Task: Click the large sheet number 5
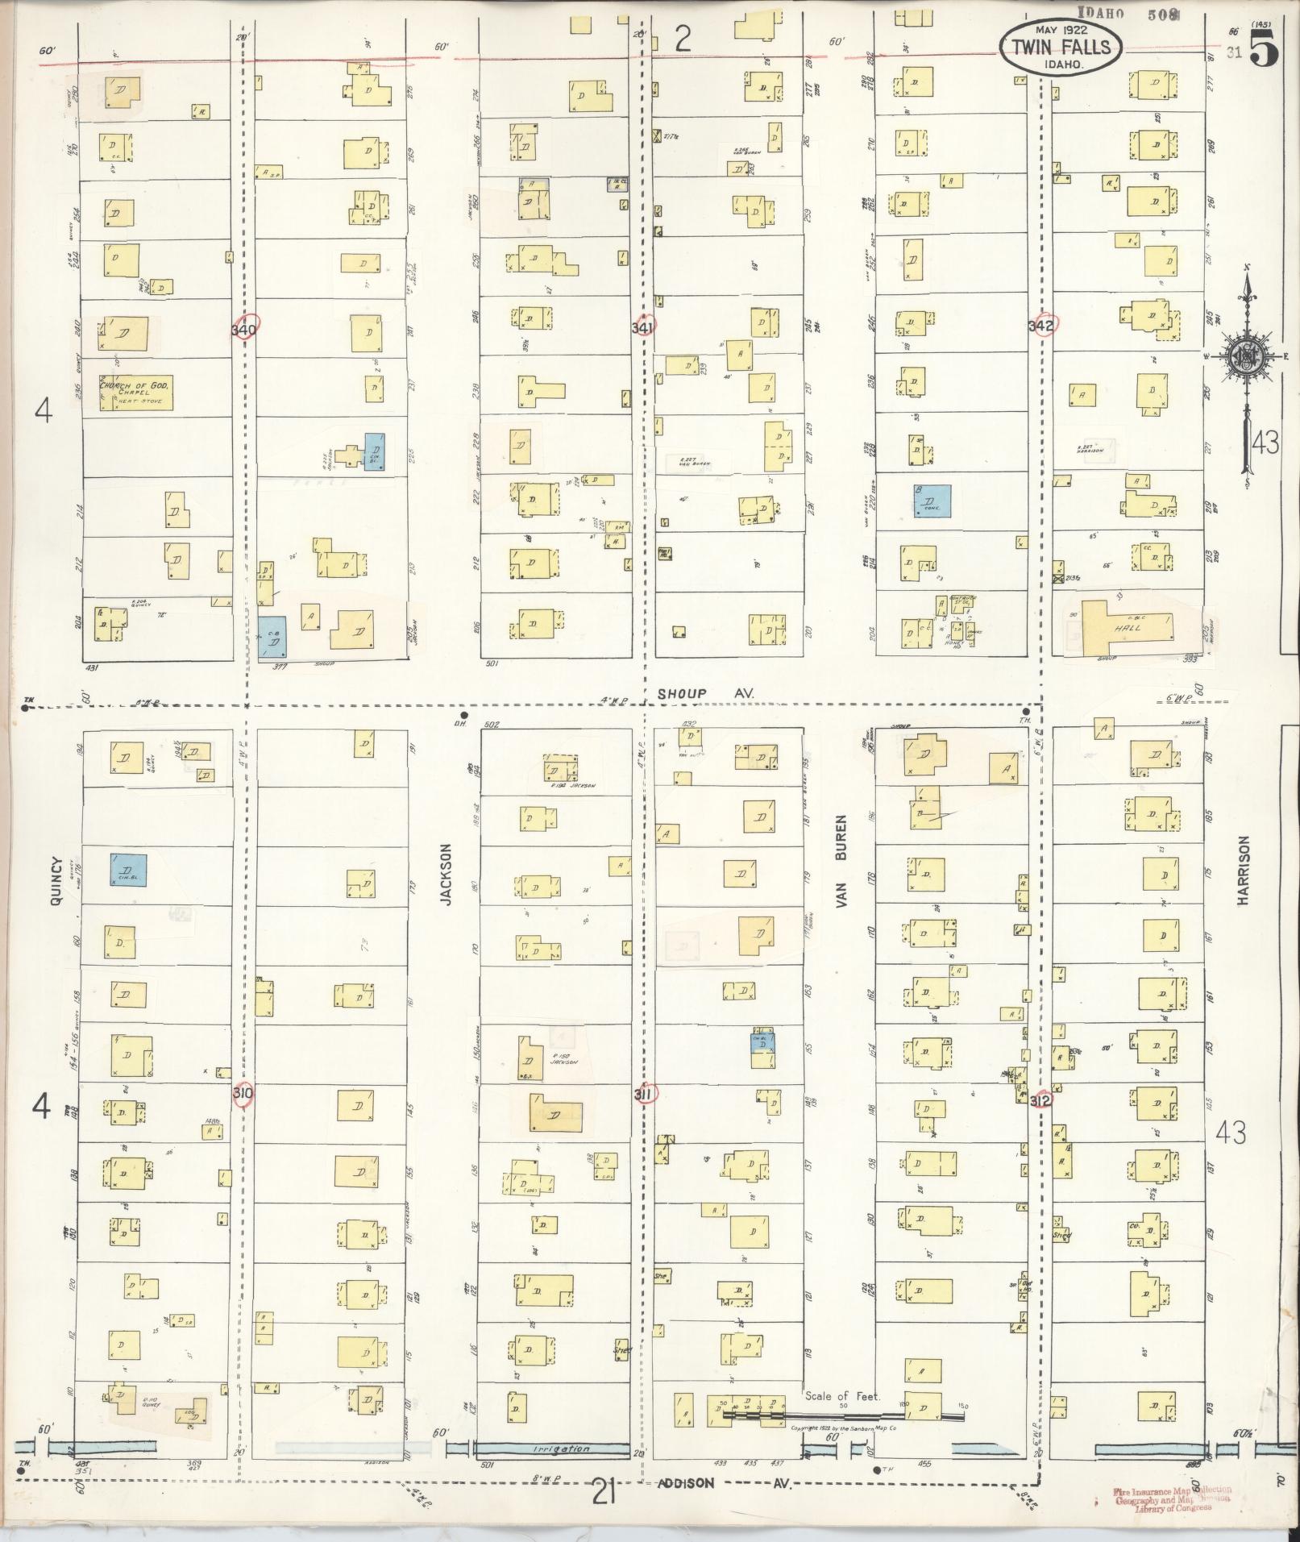pos(1264,52)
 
